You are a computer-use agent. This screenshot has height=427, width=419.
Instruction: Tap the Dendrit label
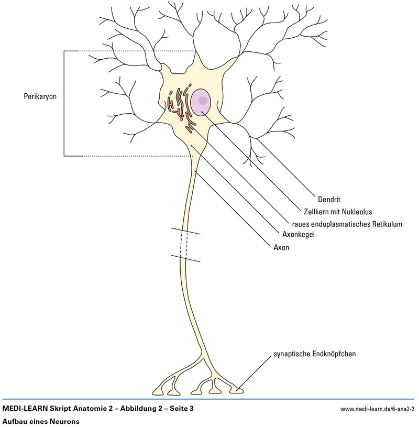point(329,199)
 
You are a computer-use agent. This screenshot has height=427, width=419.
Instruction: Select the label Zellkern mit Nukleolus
point(338,212)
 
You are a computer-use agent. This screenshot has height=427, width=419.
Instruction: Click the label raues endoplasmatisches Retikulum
point(347,224)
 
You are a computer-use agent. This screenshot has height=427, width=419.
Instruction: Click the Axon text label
point(281,247)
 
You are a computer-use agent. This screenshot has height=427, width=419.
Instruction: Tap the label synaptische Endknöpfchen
point(315,354)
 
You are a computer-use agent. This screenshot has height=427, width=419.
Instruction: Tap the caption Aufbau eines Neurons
point(40,421)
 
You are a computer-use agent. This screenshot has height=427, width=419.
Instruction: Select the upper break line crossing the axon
point(184,231)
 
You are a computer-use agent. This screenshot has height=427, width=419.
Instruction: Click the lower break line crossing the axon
point(184,259)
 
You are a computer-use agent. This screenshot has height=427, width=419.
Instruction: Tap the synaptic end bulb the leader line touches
point(238,389)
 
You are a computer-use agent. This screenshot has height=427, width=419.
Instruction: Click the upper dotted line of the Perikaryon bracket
point(136,51)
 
